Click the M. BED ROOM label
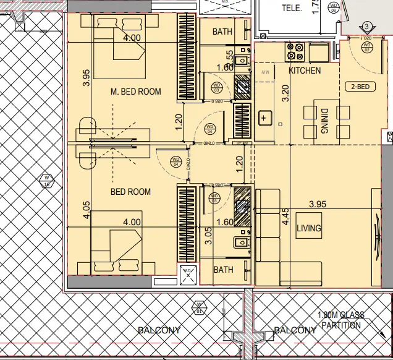[135, 92]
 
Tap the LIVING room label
[308, 228]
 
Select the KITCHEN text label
[305, 71]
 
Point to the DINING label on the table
[324, 121]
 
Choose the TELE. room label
[292, 9]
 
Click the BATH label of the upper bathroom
[222, 31]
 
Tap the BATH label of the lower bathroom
[223, 270]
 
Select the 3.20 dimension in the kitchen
[285, 93]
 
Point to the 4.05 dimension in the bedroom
[87, 211]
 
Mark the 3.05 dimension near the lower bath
[208, 237]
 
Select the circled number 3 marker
[367, 27]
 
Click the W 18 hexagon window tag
[46, 181]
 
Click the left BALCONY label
[159, 330]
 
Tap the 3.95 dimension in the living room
[317, 204]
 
